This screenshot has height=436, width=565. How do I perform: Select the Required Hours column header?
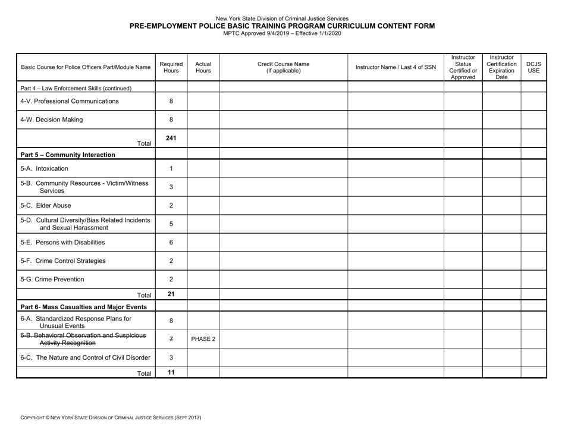coord(171,67)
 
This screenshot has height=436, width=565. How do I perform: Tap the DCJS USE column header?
coord(533,67)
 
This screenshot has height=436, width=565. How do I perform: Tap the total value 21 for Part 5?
coord(171,293)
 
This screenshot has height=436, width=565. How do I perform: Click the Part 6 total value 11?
coord(171,371)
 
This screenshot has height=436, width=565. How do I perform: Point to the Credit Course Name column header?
coord(283,67)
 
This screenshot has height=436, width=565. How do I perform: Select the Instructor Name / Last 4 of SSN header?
coord(395,67)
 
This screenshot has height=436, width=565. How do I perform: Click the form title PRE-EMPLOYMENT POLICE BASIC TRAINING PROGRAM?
coord(282,26)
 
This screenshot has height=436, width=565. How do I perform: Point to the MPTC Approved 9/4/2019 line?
coord(282,33)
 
